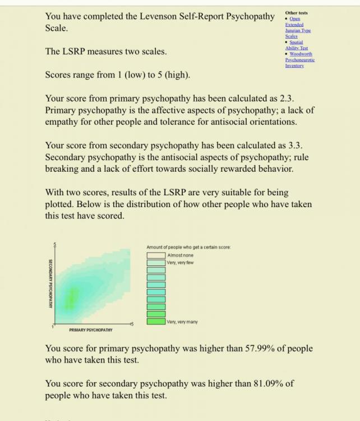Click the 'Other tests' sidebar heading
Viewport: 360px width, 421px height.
click(x=296, y=13)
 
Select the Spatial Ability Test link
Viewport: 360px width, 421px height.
click(x=297, y=45)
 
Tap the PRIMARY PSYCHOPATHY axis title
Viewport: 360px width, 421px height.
click(x=91, y=330)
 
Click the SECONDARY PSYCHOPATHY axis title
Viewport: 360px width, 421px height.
click(x=50, y=283)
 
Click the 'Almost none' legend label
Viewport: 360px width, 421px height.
click(x=179, y=255)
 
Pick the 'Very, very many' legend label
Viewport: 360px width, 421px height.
click(x=182, y=322)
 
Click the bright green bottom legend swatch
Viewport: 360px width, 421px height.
click(x=156, y=322)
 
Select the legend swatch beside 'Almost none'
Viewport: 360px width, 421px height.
click(x=156, y=255)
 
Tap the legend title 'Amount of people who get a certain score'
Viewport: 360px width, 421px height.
click(x=188, y=248)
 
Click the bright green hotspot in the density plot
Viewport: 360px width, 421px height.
click(x=71, y=298)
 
